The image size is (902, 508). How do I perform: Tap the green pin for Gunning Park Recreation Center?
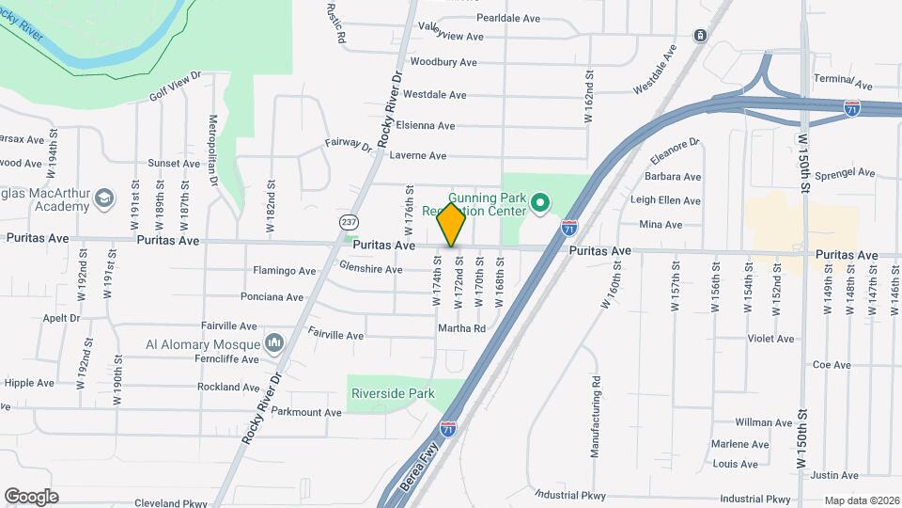pos(539,202)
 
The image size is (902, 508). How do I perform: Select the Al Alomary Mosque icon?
pos(274,342)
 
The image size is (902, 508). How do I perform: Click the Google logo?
pos(30,497)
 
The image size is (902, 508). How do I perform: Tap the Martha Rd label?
pos(461,328)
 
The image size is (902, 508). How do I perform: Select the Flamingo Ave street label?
pos(284,271)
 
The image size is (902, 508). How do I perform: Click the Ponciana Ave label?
pos(272,297)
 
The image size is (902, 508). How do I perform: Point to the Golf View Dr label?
pos(176,86)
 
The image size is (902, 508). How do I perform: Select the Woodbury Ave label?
pos(443,62)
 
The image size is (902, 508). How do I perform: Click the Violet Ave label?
pos(770,339)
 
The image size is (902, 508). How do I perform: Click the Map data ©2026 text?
pos(862,500)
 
